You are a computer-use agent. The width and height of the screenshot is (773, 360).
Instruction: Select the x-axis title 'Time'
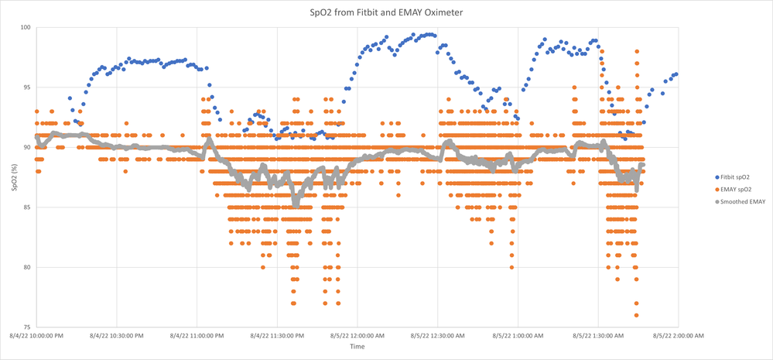coord(357,347)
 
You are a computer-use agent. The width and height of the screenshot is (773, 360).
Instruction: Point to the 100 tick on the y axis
coord(25,28)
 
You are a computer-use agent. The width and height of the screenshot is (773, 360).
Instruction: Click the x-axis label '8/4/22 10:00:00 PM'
coord(36,336)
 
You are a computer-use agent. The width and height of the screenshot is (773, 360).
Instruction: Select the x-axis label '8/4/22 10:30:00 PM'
coord(116,336)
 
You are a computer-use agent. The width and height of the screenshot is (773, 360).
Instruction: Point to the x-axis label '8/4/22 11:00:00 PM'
coord(197,336)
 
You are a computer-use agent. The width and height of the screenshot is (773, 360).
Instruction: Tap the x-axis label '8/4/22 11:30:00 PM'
coord(277,336)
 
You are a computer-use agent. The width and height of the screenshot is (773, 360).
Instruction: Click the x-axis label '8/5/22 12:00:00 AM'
coord(357,336)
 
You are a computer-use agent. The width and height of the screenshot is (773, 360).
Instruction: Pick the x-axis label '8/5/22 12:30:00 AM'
coord(437,336)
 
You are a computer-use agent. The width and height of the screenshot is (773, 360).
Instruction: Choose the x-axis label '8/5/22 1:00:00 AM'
coord(518,336)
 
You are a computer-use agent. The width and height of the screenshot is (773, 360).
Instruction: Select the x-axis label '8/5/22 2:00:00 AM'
coord(679,336)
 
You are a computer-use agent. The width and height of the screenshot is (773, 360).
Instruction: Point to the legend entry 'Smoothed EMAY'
coord(734,202)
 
